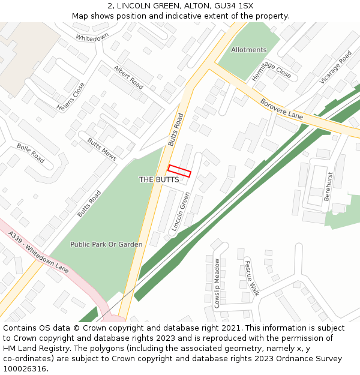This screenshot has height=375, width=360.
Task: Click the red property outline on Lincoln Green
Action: tap(179, 171)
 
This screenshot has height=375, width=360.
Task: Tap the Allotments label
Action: tap(248, 50)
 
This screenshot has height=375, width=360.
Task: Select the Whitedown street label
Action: tap(92, 37)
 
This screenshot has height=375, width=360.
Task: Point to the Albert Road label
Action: tap(128, 77)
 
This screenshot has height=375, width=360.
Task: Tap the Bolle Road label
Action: tap(31, 153)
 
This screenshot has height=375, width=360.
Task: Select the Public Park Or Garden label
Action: tap(106, 244)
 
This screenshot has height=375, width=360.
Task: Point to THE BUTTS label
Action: tap(159, 179)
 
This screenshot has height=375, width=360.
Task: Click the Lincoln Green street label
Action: tap(181, 212)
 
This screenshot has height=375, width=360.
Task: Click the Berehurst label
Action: tap(328, 186)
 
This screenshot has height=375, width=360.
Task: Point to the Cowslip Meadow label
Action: tap(217, 283)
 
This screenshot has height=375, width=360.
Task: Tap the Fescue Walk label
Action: tap(251, 278)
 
